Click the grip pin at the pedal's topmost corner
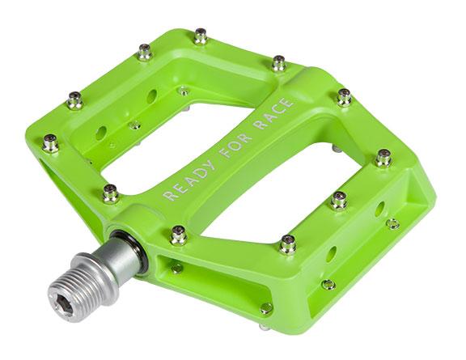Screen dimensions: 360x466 (200, 36)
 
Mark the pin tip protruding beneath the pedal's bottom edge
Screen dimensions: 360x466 (264, 327)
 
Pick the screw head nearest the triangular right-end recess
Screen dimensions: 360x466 (392, 222)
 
